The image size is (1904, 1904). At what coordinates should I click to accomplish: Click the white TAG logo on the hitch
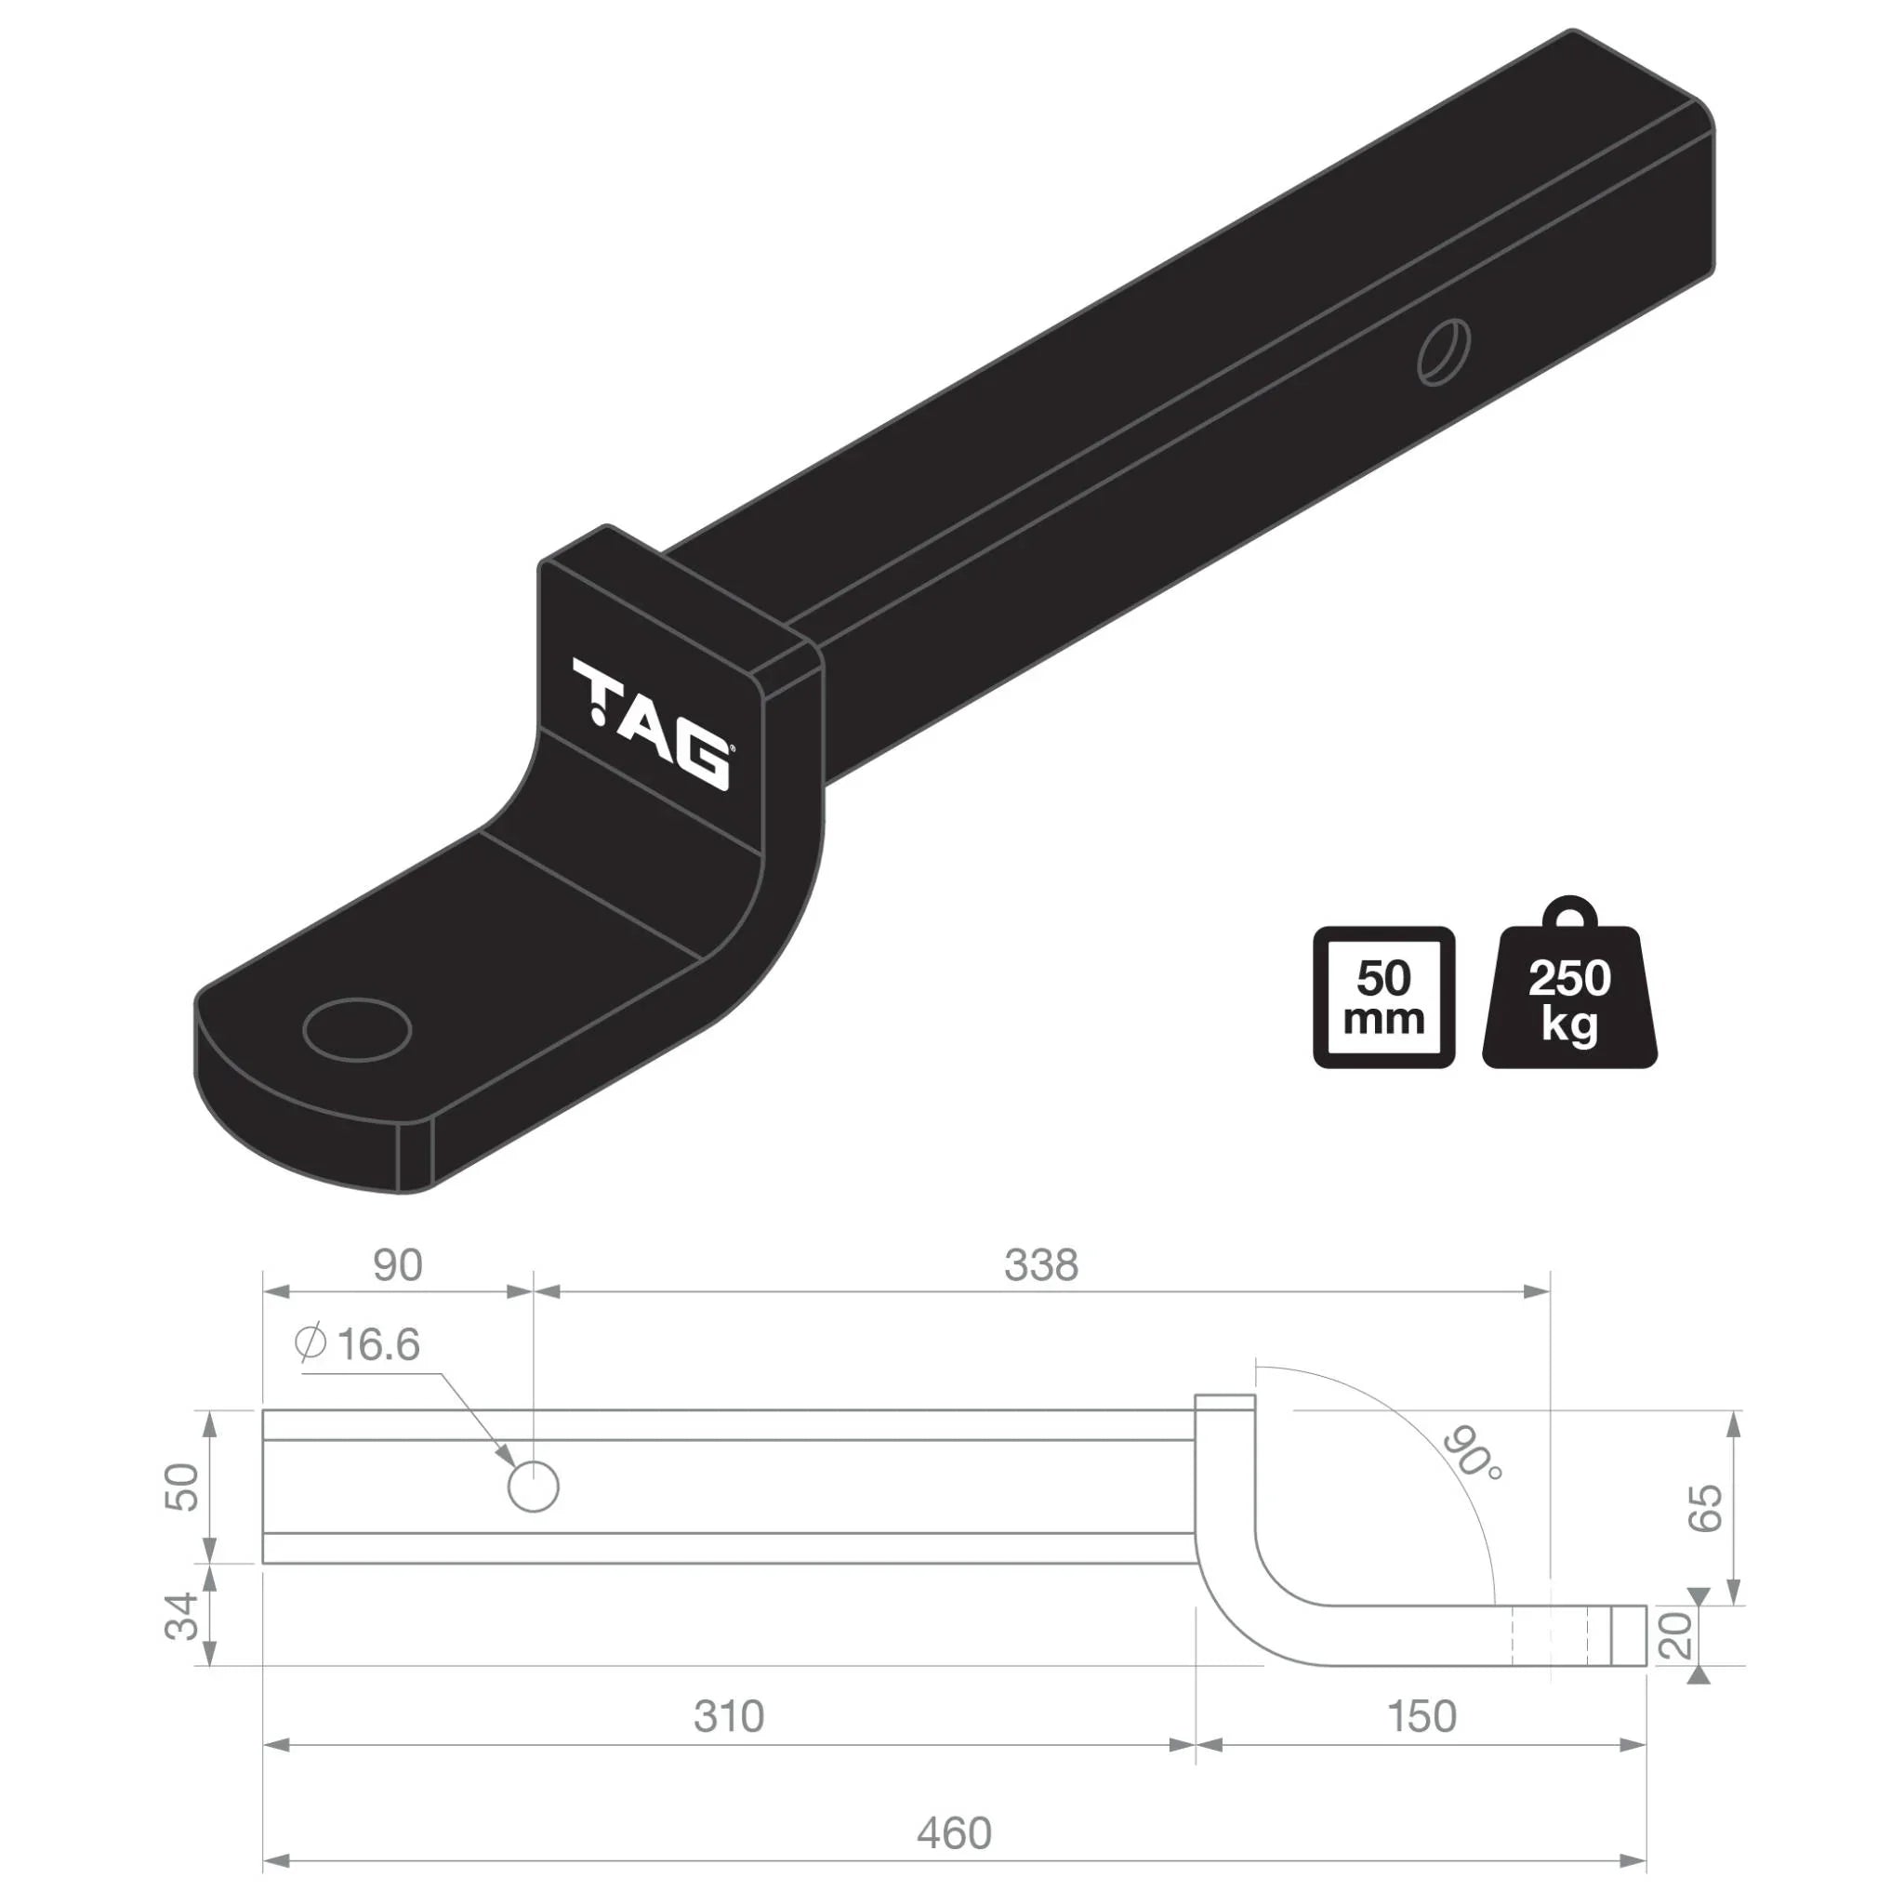tap(652, 724)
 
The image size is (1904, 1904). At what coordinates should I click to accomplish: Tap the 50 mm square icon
tap(1383, 997)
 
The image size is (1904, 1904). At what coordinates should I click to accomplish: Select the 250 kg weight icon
tap(1569, 997)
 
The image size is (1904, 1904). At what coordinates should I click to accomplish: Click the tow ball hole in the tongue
tap(358, 1029)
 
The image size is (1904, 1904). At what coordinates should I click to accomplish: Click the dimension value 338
tap(1040, 1264)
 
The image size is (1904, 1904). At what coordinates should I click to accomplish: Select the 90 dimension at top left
tap(397, 1264)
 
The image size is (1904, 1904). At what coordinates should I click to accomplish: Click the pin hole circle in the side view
tap(533, 1487)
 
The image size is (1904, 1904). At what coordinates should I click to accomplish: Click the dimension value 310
tap(728, 1717)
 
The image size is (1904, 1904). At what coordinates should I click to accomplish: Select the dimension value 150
tap(1421, 1717)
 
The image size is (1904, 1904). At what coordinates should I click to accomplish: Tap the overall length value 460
tap(954, 1833)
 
